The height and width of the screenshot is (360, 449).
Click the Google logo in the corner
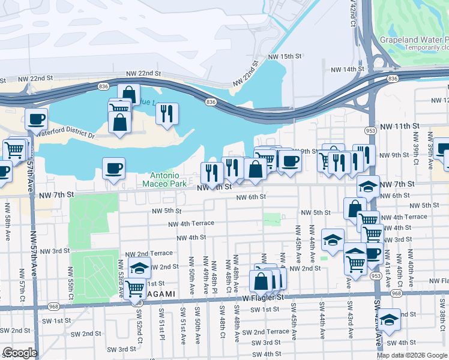19,353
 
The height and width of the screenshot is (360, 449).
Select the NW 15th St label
284,56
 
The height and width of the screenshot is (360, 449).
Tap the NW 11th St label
402,125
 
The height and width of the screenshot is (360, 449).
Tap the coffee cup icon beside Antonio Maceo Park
113,169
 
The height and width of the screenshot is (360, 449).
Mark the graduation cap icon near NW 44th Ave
333,241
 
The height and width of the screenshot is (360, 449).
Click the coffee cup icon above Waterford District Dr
37,119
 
